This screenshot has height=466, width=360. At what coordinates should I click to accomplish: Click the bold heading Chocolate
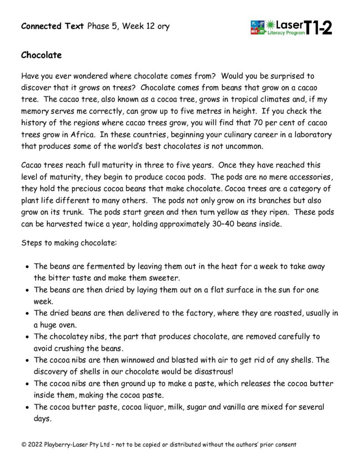(x=41, y=56)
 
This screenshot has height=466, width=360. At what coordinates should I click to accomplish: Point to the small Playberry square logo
(x=257, y=27)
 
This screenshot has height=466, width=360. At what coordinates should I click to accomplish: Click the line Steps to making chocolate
(x=69, y=243)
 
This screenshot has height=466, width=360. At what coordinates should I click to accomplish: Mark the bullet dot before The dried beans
(x=28, y=313)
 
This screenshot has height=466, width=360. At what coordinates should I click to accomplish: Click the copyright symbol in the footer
(x=24, y=444)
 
